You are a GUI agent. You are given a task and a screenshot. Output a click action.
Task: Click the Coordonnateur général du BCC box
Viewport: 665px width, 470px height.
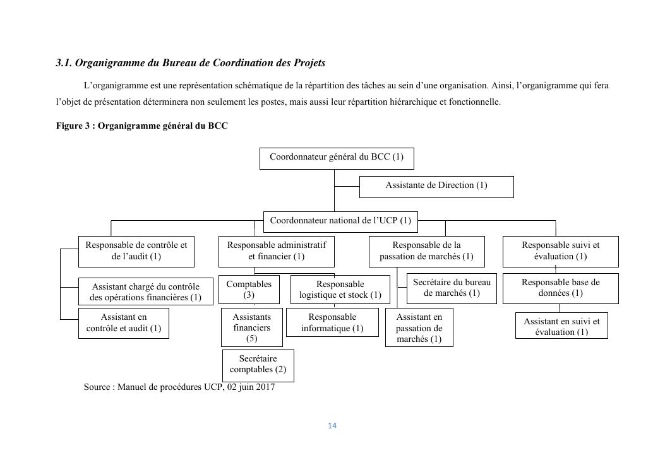click(x=336, y=158)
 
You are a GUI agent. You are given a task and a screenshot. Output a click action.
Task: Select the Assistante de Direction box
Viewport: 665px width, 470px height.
click(x=436, y=186)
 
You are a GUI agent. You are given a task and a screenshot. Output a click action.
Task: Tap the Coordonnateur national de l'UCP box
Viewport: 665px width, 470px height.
click(x=340, y=221)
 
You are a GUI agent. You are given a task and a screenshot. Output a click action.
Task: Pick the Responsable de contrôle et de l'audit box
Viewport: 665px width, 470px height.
click(x=136, y=251)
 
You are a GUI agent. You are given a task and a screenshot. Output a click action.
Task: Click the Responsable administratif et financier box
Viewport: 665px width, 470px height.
click(x=276, y=251)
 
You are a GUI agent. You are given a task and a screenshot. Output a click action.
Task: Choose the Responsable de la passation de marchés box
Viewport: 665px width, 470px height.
click(x=426, y=251)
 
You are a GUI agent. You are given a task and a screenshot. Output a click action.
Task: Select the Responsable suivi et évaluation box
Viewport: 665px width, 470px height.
click(x=560, y=251)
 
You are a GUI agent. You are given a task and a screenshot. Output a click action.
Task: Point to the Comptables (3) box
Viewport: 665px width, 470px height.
click(x=249, y=290)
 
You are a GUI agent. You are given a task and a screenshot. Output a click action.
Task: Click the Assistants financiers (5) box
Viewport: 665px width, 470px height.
click(x=251, y=327)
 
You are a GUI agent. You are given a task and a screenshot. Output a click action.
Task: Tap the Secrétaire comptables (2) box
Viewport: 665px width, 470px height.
click(x=258, y=365)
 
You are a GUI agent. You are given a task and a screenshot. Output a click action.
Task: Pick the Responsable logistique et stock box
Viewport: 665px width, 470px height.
click(x=340, y=290)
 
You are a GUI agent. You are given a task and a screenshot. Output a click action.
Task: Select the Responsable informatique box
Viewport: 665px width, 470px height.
click(x=332, y=322)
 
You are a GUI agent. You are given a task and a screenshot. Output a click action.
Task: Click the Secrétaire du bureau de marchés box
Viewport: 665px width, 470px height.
click(x=451, y=288)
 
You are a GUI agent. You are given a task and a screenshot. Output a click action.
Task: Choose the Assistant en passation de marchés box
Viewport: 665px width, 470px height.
click(x=419, y=328)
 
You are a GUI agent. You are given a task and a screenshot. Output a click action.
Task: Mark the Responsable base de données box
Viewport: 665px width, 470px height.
click(x=560, y=288)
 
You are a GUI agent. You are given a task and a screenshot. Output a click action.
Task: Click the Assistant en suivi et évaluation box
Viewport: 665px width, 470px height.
click(x=561, y=326)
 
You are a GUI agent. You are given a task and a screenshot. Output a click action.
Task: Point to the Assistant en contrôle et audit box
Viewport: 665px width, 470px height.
click(x=123, y=323)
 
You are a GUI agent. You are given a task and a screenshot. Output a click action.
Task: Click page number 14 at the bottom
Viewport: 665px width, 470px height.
click(x=332, y=426)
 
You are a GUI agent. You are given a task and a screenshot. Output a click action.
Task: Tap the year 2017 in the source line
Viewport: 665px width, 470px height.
click(x=265, y=387)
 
